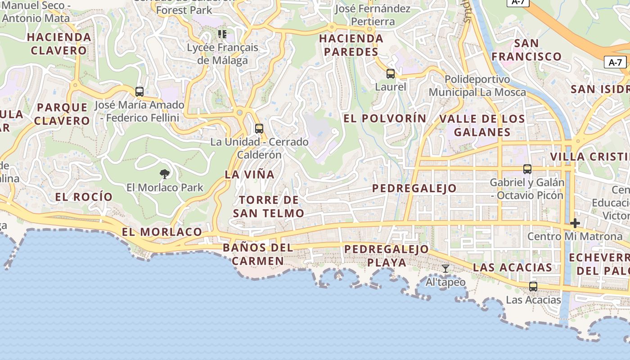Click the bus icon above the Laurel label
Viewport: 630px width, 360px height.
(391, 74)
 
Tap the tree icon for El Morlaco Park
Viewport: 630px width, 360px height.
(165, 174)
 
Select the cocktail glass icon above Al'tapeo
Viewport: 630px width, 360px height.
(445, 269)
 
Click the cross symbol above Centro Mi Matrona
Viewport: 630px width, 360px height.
(575, 223)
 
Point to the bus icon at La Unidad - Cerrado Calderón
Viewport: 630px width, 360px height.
(259, 129)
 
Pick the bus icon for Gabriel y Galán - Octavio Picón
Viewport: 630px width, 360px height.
(527, 169)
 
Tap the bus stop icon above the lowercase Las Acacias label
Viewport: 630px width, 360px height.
(533, 286)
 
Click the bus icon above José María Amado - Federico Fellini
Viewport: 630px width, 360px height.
(139, 92)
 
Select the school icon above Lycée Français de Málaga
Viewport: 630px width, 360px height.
(222, 34)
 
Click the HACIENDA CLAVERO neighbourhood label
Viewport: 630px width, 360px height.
(59, 44)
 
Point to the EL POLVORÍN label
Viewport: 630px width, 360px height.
(385, 118)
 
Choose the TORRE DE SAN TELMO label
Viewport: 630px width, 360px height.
(268, 207)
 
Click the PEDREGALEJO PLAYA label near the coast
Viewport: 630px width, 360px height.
(387, 256)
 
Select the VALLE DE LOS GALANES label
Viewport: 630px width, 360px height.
(482, 126)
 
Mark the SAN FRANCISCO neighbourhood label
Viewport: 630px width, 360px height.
(526, 50)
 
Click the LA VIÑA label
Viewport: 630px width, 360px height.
(249, 175)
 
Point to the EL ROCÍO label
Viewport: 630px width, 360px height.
(84, 197)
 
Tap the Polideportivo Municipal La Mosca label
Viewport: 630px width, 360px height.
(477, 86)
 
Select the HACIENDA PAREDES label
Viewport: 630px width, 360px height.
(351, 45)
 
